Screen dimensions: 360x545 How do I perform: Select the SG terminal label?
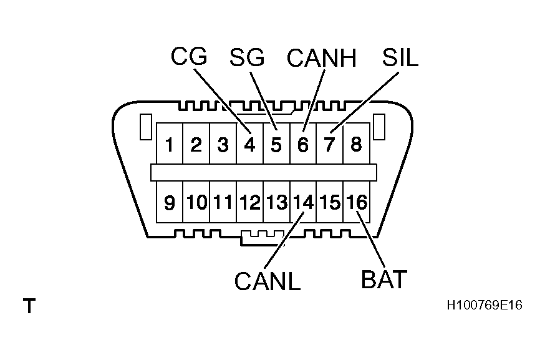tap(247, 57)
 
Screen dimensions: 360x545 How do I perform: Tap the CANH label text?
tap(321, 58)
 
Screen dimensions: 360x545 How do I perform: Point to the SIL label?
tap(400, 57)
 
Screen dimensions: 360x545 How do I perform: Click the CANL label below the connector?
tap(268, 281)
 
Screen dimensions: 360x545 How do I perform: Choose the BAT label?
tap(384, 279)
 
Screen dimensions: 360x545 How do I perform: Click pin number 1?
tap(169, 145)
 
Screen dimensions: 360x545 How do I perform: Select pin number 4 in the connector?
tap(249, 145)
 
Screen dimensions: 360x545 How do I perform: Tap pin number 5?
tap(276, 145)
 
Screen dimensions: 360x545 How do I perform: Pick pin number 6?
tap(303, 145)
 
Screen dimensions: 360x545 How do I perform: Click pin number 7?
tap(330, 145)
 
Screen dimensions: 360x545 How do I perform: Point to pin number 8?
tap(356, 145)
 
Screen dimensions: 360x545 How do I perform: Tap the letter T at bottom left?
tap(29, 306)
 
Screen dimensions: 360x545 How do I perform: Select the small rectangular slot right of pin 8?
tap(379, 127)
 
